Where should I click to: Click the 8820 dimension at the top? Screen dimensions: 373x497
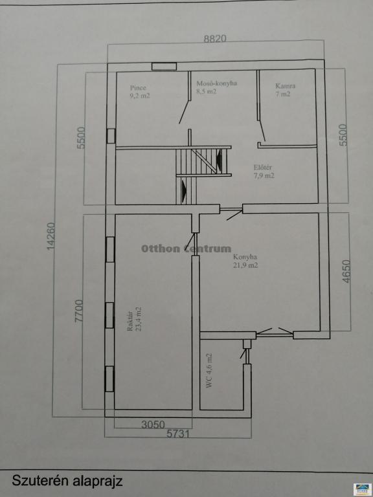[x=215, y=39]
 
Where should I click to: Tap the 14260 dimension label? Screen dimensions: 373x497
[x=51, y=236]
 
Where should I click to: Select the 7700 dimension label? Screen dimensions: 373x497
[x=78, y=311]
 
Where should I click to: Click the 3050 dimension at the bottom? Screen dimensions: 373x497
[x=153, y=425]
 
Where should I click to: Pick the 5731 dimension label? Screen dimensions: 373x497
[x=178, y=434]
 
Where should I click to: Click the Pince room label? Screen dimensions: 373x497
[x=138, y=88]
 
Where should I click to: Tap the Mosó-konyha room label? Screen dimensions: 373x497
[x=217, y=83]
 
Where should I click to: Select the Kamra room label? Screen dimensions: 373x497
[x=286, y=85]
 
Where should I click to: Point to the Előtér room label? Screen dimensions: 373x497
[x=263, y=168]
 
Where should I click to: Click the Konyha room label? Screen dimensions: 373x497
[x=245, y=257]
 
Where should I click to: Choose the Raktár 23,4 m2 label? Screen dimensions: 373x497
[x=134, y=319]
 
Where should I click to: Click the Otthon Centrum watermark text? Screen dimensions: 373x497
[x=186, y=248]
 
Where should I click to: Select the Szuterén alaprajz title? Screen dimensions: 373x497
[x=67, y=481]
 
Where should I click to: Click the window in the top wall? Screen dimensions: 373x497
[x=164, y=66]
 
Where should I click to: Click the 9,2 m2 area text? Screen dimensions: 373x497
[x=140, y=95]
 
